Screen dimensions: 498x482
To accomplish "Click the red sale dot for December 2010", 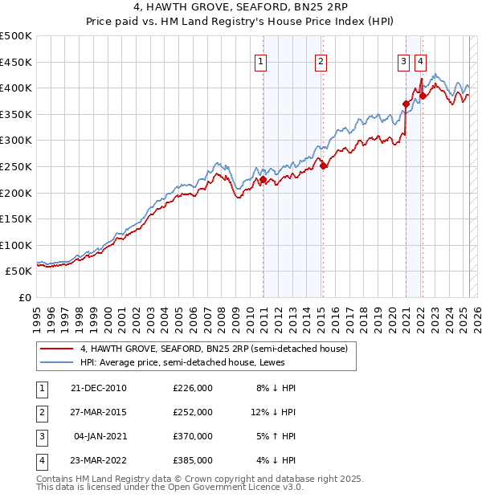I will pyautogui.click(x=263, y=180).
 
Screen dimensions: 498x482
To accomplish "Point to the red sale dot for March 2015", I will pyautogui.click(x=323, y=166).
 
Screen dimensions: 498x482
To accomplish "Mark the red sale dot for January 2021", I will pyautogui.click(x=406, y=104).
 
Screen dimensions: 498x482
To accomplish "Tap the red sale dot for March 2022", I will pyautogui.click(x=423, y=96).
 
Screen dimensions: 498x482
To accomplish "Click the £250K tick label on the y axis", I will pyautogui.click(x=17, y=166).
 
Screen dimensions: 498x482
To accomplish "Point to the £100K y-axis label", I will pyautogui.click(x=17, y=245).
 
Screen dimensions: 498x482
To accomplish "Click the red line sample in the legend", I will pyautogui.click(x=55, y=349).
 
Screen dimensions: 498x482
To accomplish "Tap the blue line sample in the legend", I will pyautogui.click(x=55, y=362).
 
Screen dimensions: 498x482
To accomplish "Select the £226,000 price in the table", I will pyautogui.click(x=193, y=388).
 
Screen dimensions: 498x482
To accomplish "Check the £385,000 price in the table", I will pyautogui.click(x=193, y=460).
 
